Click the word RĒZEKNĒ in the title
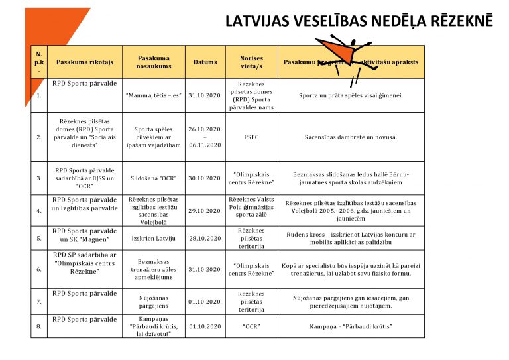[457, 21]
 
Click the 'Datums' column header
[205, 62]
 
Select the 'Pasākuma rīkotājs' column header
[85, 62]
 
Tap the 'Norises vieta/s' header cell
[251, 62]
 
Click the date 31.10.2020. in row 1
[205, 95]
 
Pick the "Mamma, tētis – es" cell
[154, 95]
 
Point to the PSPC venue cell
[251, 137]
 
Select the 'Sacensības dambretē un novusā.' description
[351, 137]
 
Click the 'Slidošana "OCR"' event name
[154, 178]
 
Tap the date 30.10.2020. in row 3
[205, 178]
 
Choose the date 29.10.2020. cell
[205, 211]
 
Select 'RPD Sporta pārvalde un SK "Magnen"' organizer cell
[85, 235]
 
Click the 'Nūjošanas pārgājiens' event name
[154, 302]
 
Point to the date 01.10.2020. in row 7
[205, 302]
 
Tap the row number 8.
[39, 327]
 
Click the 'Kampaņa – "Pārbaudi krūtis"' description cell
[351, 327]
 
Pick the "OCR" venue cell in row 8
[251, 327]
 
